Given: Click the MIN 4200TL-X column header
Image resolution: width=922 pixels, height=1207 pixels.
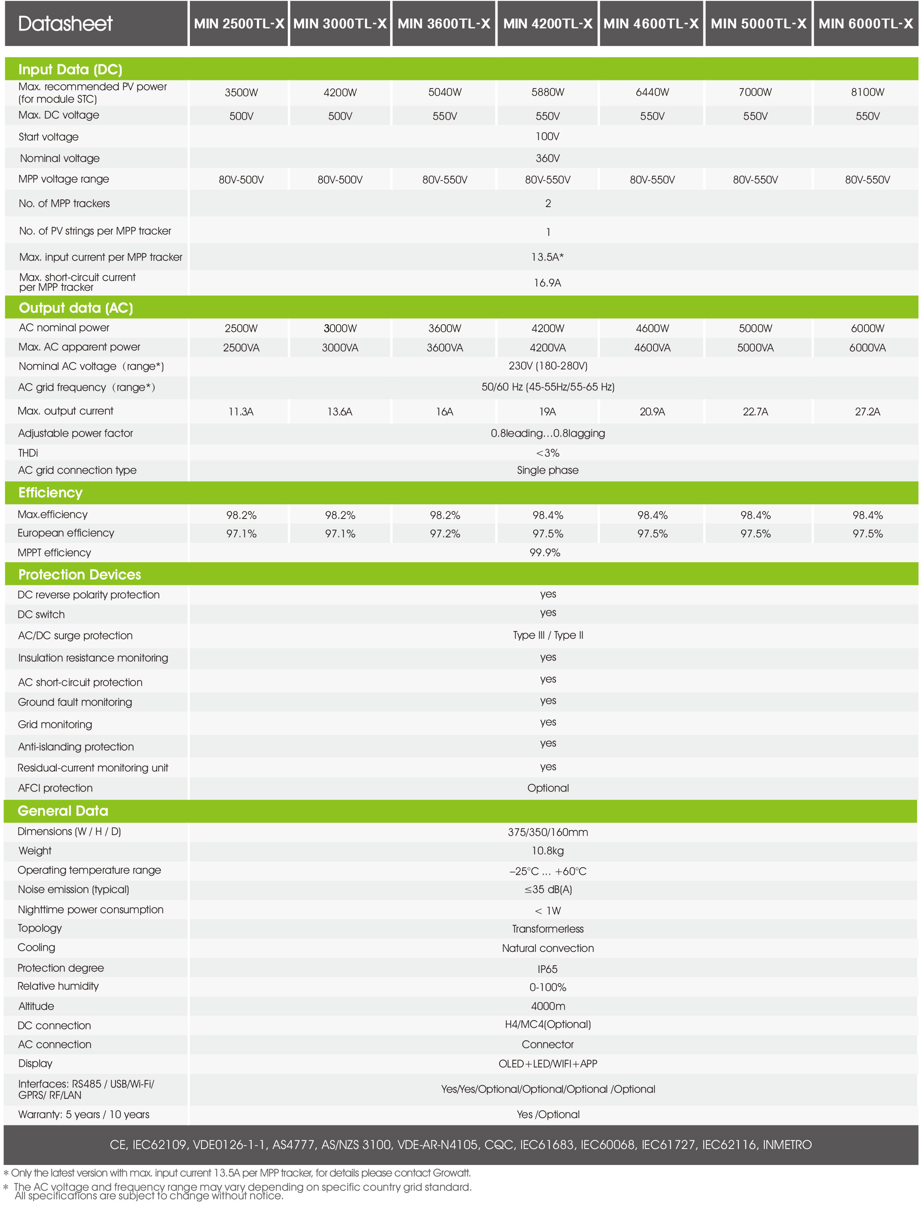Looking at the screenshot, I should coord(547,24).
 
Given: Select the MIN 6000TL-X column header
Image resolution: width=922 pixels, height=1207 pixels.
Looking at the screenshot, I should coord(865,24).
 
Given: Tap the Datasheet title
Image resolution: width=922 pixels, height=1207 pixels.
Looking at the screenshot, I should coord(65,24).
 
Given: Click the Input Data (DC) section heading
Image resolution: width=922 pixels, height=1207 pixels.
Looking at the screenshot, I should coord(70,70).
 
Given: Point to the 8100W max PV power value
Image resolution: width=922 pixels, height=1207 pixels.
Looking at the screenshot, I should coord(867,92).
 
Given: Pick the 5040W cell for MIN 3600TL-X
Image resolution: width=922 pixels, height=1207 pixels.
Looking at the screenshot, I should coord(445,92).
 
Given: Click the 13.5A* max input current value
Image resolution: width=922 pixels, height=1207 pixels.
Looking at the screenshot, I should coord(547,257).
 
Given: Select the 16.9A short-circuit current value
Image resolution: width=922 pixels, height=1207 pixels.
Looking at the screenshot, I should coord(547,283).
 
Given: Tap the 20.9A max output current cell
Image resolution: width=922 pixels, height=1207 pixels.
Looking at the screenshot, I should coord(652,411).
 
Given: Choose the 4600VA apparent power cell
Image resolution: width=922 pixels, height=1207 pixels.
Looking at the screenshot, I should coord(652,348).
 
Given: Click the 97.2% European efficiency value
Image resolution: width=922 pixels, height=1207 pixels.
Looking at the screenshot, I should coord(445,534).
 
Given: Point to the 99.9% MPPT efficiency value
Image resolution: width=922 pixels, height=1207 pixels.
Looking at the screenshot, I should coord(544,552).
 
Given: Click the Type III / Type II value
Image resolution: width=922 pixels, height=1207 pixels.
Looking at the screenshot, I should coord(548,635).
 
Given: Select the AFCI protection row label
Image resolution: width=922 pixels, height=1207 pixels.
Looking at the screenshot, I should coord(55,788).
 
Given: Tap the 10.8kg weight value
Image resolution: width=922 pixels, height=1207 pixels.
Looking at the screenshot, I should coord(547,851).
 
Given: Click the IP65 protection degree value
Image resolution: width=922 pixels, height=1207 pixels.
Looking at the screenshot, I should coord(547,969).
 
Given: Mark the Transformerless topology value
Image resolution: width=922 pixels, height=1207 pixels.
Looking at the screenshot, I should coord(548,929).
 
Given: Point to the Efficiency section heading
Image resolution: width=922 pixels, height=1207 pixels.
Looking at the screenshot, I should coord(51,493).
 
